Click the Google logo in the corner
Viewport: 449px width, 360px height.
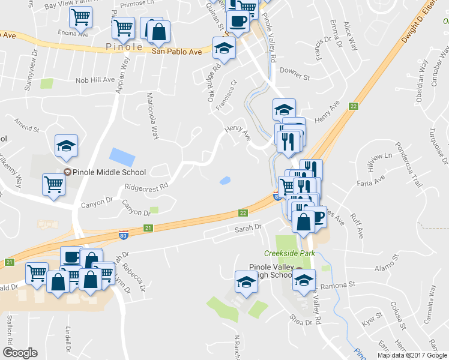coord(20,353)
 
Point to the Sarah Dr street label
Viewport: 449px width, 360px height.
coord(250,227)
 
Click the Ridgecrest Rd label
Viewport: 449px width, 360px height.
coord(145,187)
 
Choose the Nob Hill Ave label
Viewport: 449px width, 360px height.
coord(95,80)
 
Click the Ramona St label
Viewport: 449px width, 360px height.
coord(341,286)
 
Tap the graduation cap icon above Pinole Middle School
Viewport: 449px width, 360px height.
coord(67,146)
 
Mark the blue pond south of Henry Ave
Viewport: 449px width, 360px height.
coord(226,180)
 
